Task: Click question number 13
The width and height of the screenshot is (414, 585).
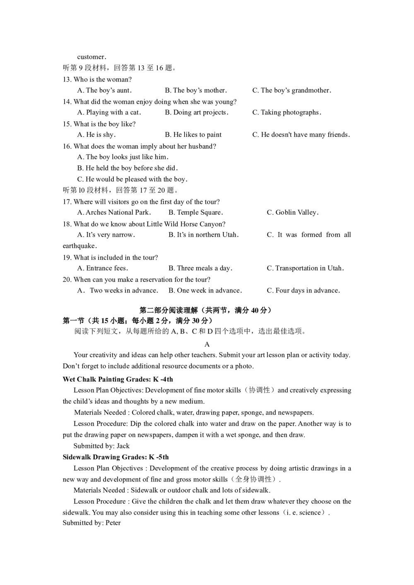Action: pyautogui.click(x=67, y=79)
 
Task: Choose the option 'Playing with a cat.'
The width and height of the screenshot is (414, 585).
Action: pyautogui.click(x=109, y=113)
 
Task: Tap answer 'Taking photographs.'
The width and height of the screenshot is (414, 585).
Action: pyautogui.click(x=287, y=113)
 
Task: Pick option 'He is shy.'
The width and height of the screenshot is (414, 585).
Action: pyautogui.click(x=96, y=135)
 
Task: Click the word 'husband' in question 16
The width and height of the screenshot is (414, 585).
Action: pyautogui.click(x=202, y=146)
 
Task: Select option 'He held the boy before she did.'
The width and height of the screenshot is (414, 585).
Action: pyautogui.click(x=128, y=168)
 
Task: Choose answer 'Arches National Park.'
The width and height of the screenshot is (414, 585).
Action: pyautogui.click(x=114, y=213)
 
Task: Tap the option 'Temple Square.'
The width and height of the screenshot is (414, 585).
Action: pyautogui.click(x=196, y=213)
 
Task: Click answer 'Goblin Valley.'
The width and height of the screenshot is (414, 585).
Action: pyautogui.click(x=293, y=213)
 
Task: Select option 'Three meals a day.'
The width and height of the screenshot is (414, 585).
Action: pyautogui.click(x=200, y=268)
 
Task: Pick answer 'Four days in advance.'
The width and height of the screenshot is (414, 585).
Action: pyautogui.click(x=303, y=290)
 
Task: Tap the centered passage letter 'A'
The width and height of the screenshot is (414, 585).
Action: pyautogui.click(x=207, y=344)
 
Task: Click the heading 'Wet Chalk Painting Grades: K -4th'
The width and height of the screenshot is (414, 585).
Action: pyautogui.click(x=118, y=379)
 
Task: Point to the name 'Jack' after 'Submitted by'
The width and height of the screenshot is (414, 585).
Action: pyautogui.click(x=123, y=446)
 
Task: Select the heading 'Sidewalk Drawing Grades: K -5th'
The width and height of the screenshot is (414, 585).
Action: pyautogui.click(x=116, y=457)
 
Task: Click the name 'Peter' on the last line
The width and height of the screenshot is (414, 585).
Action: pyautogui.click(x=113, y=523)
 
